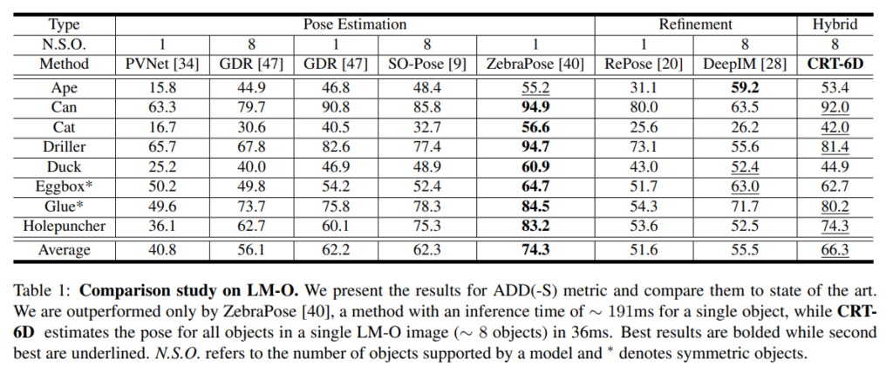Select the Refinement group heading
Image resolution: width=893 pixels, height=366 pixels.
pos(695,24)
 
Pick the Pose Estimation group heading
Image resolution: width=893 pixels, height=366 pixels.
pos(355,24)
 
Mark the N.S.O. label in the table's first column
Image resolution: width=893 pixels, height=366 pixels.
pos(64,44)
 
